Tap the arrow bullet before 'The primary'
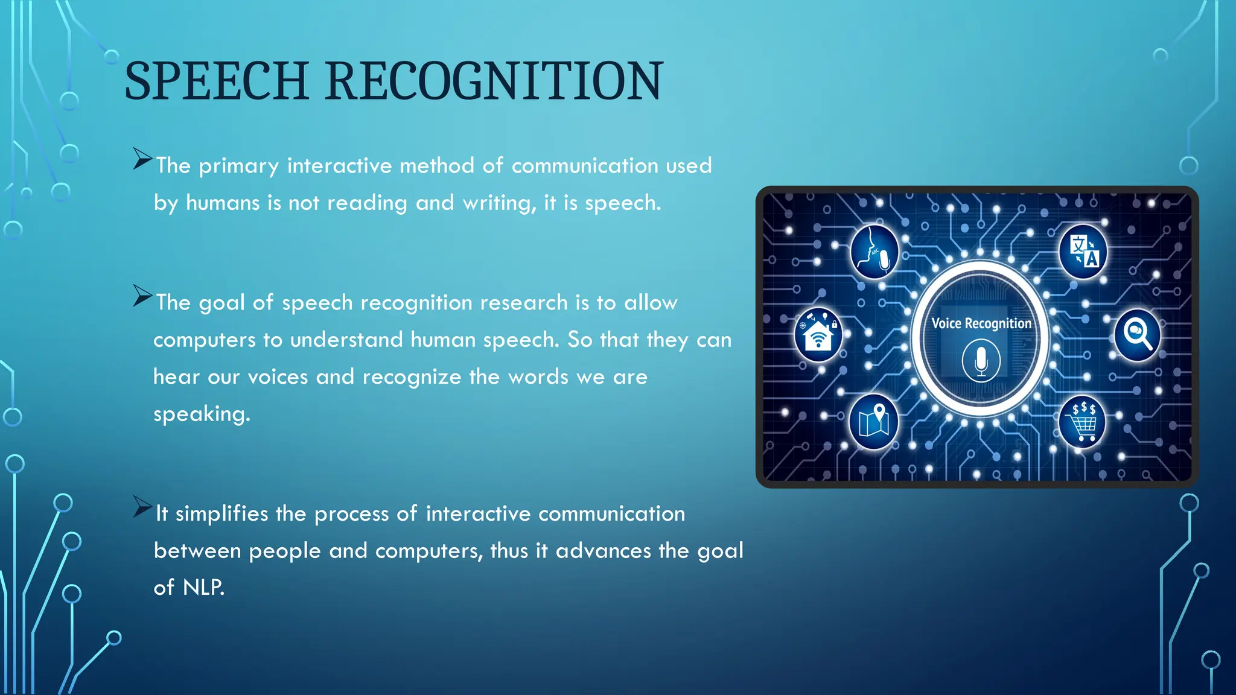tap(142, 159)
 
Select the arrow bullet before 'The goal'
tap(142, 296)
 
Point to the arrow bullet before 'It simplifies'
tap(142, 507)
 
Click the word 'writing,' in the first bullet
tap(499, 203)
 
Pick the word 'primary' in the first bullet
tap(239, 166)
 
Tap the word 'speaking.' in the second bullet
tap(202, 414)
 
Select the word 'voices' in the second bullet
tap(278, 377)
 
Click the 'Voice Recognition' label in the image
tap(981, 323)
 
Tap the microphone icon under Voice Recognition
tap(981, 361)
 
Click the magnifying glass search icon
tap(1137, 335)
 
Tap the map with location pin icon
tap(874, 421)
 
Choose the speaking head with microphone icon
tap(874, 252)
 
